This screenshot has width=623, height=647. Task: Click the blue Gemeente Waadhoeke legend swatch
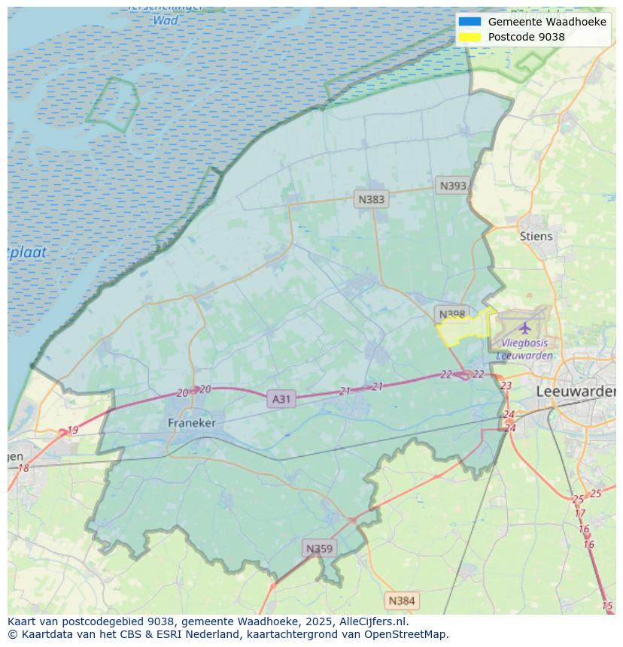470,22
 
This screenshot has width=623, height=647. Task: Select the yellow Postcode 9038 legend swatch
470,37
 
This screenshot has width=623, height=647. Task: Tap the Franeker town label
191,423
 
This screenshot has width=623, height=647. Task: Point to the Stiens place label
536,236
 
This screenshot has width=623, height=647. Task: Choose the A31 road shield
281,399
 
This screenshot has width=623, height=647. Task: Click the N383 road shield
371,199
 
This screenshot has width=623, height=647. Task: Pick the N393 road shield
453,186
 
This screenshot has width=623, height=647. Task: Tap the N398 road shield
451,313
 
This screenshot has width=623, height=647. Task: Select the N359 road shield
318,549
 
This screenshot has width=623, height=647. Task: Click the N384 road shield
401,600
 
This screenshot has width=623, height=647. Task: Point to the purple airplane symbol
525,328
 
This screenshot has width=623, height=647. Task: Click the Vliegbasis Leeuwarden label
524,349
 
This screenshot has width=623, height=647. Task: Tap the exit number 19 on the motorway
72,431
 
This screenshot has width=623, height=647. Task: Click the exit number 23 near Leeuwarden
506,385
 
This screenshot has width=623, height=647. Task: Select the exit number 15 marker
607,606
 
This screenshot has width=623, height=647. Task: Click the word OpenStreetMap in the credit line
406,634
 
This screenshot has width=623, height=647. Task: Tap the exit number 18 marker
23,468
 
